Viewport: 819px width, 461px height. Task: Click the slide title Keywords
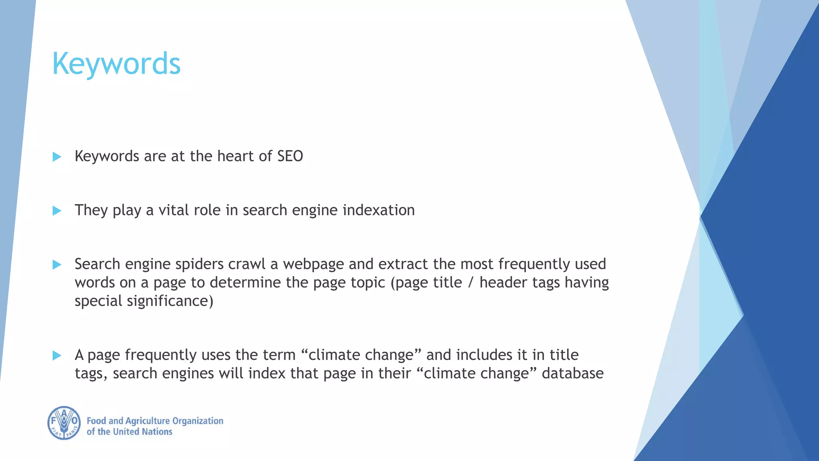[116, 64]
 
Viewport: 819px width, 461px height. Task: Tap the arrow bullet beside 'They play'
[57, 211]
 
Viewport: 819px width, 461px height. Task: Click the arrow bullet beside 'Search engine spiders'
[57, 265]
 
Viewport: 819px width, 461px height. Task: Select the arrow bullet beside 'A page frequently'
[57, 355]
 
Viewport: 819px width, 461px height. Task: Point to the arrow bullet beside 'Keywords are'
[57, 157]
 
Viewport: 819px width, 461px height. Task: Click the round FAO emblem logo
[64, 423]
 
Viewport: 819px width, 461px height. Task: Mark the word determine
[246, 283]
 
